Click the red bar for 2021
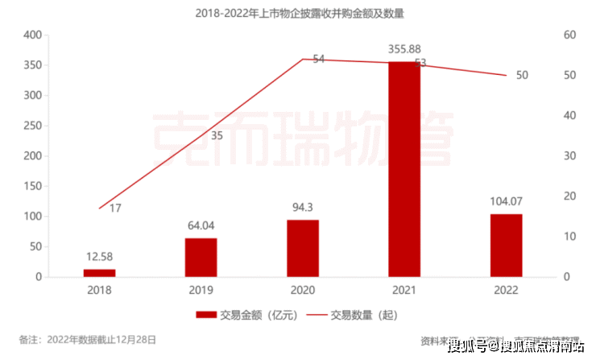coord(404,169)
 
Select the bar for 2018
coord(100,273)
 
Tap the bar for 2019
coord(201,258)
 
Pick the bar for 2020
coord(303,249)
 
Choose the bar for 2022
coord(506,246)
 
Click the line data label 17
coord(114,209)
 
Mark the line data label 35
coord(217,135)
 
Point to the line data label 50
coord(522,75)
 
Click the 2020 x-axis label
coord(303,290)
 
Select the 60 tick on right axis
coord(569,35)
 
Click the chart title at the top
coord(299,14)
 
